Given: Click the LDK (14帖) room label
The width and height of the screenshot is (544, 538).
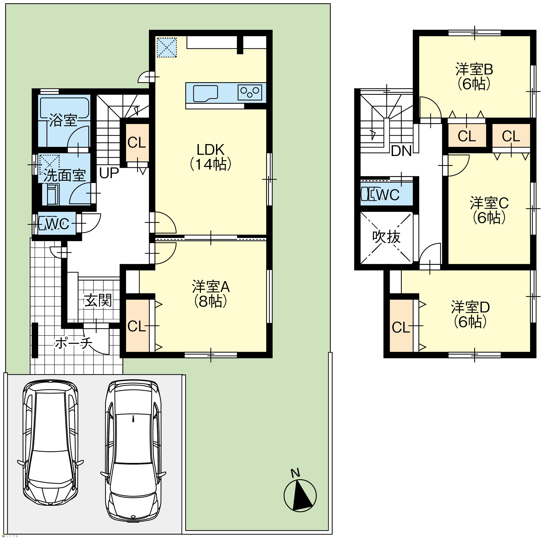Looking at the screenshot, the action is tap(211, 157).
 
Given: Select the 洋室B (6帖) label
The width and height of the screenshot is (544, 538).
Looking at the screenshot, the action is tap(474, 77).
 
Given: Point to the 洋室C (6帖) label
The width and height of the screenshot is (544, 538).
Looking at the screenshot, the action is tap(489, 210).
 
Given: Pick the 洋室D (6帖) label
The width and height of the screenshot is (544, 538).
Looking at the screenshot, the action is tap(470, 315).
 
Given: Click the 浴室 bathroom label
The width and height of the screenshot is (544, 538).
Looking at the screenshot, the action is tap(63, 120).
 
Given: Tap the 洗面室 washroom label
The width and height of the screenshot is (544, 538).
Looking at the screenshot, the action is tap(65, 176).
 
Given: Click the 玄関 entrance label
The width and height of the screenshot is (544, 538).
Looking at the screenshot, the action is tap(98, 300).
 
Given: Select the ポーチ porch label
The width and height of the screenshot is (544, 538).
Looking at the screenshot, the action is tap(73, 343).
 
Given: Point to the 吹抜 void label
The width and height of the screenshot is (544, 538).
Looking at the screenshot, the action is tap(386, 237).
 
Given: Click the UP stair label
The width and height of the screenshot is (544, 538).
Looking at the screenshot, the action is tap(109, 173).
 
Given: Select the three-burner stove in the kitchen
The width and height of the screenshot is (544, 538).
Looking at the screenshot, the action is tap(250, 92).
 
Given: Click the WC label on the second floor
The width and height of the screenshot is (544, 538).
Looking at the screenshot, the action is tap(387, 195).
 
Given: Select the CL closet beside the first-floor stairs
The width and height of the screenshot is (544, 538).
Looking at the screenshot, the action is tap(137, 143).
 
